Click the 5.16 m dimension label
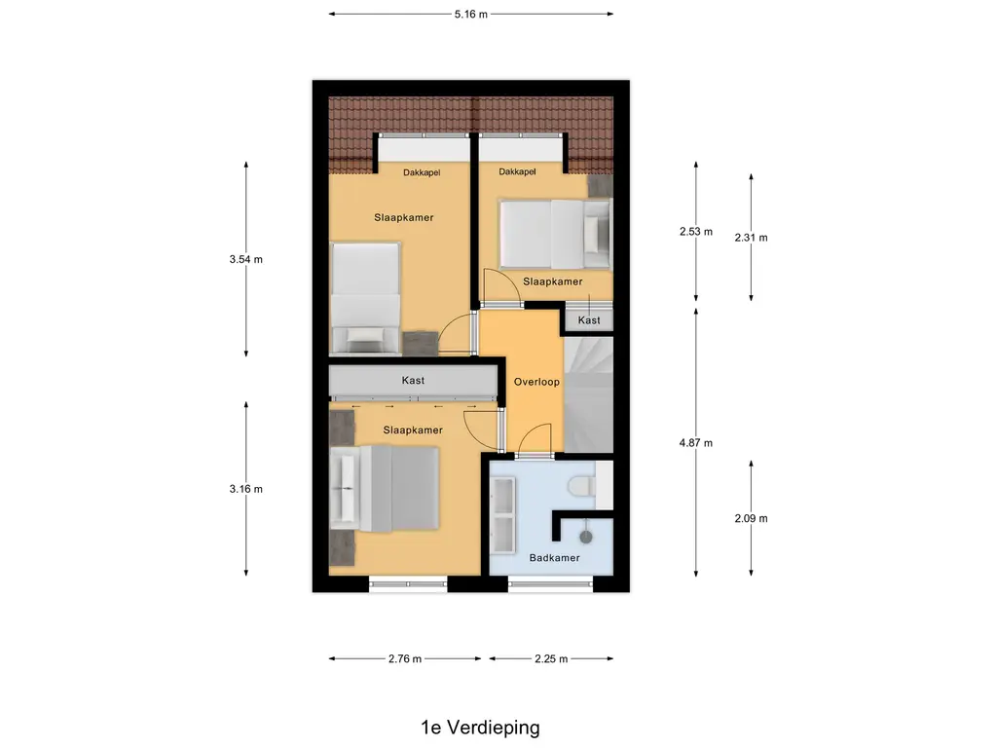(x=470, y=15)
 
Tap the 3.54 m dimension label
(x=245, y=259)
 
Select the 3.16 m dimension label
(x=245, y=489)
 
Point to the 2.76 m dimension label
(x=404, y=659)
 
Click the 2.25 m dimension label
(x=551, y=659)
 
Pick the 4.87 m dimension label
(x=695, y=443)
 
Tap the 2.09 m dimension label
(x=751, y=518)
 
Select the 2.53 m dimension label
(x=695, y=232)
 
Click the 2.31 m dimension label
(x=751, y=238)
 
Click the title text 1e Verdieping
(x=480, y=728)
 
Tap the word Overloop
(x=536, y=383)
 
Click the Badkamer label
(x=554, y=558)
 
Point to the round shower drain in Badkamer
(x=586, y=536)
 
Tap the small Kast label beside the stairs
(x=589, y=320)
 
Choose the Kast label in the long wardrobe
(x=413, y=381)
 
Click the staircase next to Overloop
(x=589, y=394)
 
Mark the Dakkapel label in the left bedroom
(x=423, y=172)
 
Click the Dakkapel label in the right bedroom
(x=517, y=172)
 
